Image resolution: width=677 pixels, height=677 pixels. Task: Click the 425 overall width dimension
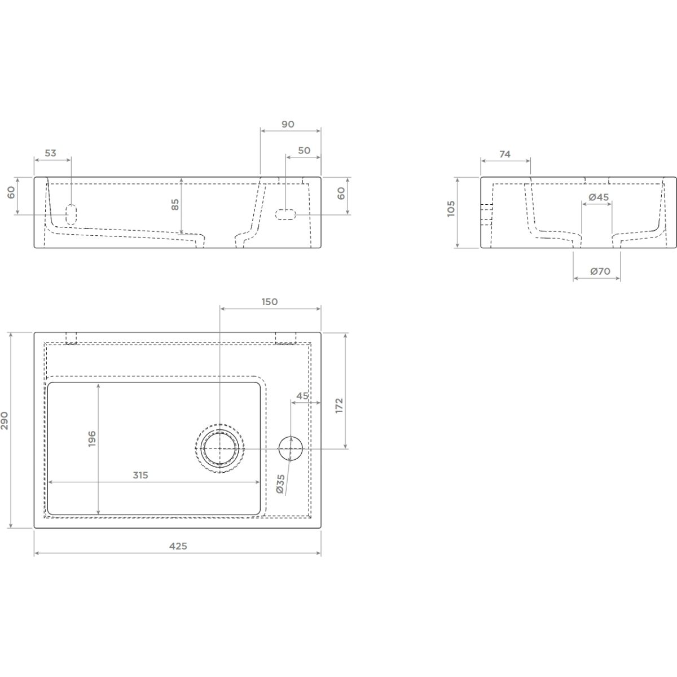[x=178, y=546]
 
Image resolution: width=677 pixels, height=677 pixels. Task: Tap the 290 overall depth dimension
[x=5, y=420]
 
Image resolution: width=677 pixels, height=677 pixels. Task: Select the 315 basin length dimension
[x=140, y=475]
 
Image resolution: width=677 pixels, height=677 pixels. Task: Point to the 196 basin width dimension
[x=92, y=438]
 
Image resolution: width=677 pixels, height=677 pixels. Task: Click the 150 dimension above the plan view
[x=270, y=302]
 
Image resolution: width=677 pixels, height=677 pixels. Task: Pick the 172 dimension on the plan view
[x=340, y=406]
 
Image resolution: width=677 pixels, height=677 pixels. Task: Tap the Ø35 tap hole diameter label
[x=281, y=483]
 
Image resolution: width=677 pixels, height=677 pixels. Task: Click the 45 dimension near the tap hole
[x=302, y=395]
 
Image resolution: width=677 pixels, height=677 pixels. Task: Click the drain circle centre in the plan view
[x=220, y=449]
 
